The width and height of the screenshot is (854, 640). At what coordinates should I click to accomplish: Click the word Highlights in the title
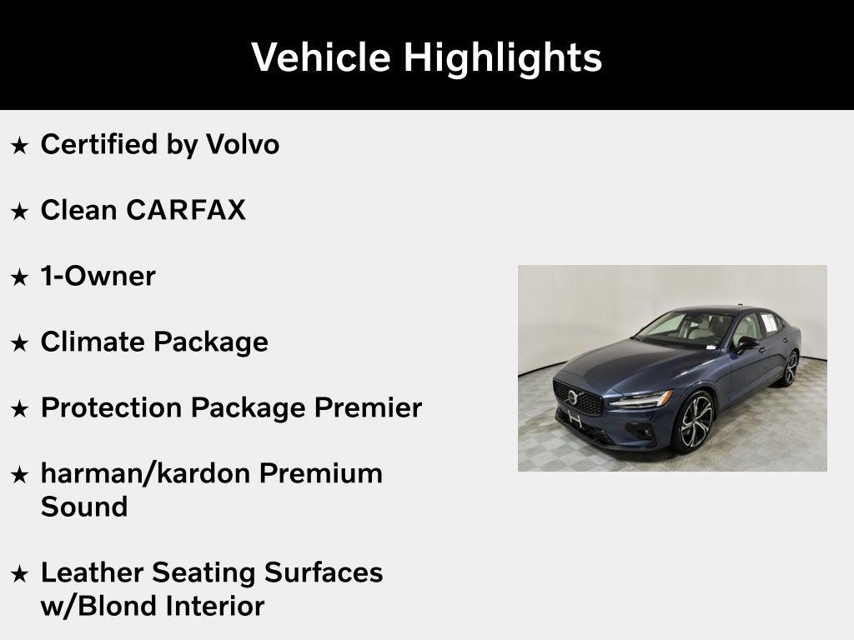pos(502,57)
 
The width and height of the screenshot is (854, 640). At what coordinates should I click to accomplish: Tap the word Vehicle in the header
pos(320,57)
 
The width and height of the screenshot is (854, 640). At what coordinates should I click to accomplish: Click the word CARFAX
pos(186,210)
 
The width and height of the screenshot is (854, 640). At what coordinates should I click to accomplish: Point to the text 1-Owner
pos(98,276)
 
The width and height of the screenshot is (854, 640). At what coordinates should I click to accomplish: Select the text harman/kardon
pos(145,473)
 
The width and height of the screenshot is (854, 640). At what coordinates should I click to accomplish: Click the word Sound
pos(84,507)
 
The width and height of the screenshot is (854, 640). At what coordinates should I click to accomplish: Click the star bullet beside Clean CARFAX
pos(19,212)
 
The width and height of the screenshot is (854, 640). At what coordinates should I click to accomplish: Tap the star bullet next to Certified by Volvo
pos(19,146)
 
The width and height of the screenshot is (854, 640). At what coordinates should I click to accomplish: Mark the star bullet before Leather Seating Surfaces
pos(19,574)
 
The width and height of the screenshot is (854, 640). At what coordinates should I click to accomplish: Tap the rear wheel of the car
pos(790,367)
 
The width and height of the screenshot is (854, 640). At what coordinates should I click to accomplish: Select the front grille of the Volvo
pos(579,399)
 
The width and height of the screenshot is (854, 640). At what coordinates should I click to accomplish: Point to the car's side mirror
pos(746,342)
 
